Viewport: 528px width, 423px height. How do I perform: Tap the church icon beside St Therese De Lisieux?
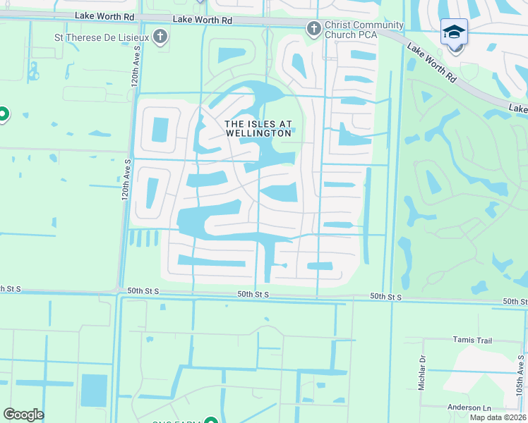(x=160, y=36)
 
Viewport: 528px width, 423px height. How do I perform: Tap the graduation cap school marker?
(x=454, y=32)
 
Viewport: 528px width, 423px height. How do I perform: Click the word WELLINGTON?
(x=258, y=133)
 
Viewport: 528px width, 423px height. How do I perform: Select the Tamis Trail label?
(x=472, y=340)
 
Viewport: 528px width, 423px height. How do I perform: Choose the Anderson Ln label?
(x=469, y=407)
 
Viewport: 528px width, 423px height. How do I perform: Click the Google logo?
(x=23, y=415)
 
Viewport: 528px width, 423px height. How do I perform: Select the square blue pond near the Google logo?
(x=94, y=390)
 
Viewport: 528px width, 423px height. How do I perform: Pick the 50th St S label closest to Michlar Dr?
(x=386, y=298)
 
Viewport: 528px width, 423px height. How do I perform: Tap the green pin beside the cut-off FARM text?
(x=210, y=422)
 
